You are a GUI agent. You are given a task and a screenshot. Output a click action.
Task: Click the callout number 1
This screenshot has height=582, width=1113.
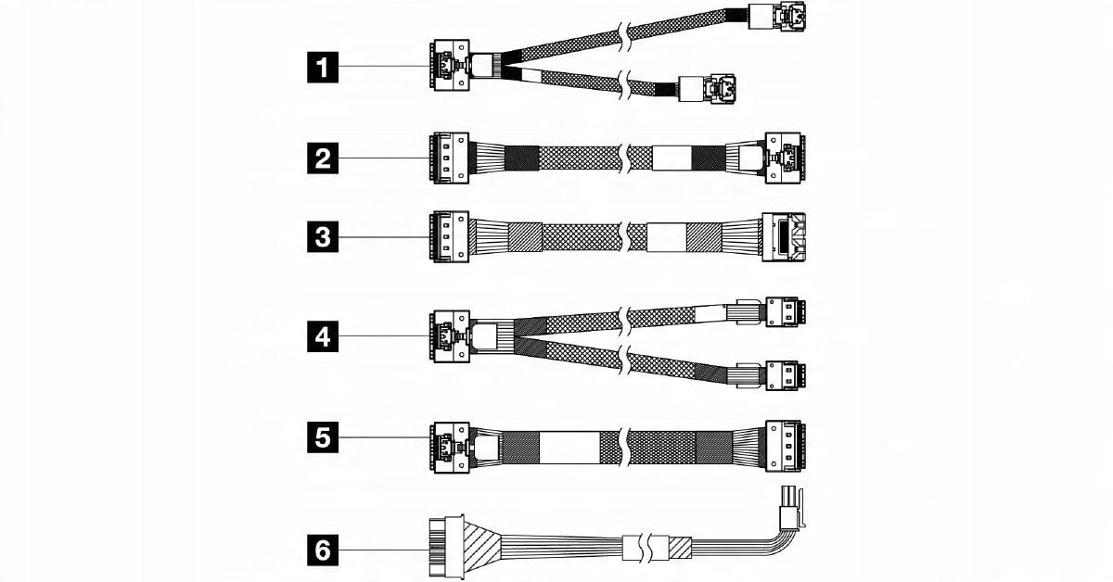(322, 67)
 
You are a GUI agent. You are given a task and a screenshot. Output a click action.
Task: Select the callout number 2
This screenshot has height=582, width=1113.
(322, 158)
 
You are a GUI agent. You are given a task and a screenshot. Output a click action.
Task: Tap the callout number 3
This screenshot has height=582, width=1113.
(322, 237)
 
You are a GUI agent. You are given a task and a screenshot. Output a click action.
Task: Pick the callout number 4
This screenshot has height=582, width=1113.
(322, 336)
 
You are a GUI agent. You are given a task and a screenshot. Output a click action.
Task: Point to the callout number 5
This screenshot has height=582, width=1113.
(322, 436)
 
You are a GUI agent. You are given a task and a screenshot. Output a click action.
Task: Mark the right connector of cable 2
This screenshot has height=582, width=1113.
(784, 158)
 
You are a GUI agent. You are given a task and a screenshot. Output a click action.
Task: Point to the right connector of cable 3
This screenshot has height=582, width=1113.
(784, 237)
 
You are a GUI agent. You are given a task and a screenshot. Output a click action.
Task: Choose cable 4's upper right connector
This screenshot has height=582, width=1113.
(787, 311)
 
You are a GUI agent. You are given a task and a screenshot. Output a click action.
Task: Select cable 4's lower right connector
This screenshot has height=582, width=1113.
(787, 374)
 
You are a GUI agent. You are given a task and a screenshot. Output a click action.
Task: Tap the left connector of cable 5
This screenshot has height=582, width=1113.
(451, 448)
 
